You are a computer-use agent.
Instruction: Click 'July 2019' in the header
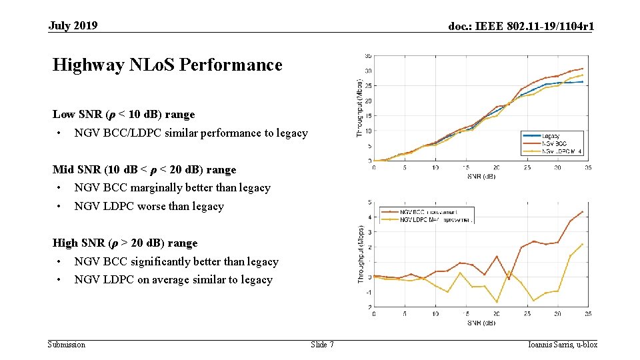(73, 26)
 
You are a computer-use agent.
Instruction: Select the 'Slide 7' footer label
(322, 345)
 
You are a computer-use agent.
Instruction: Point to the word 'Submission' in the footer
(67, 345)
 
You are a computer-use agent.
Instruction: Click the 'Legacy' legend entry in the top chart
(551, 136)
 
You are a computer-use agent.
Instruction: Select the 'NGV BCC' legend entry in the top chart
(555, 143)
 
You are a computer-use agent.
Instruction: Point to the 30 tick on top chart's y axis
(368, 71)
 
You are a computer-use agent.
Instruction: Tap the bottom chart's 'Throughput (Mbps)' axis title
(361, 254)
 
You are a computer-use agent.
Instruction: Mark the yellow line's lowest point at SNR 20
(497, 302)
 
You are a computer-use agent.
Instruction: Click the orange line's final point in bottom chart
(583, 212)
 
